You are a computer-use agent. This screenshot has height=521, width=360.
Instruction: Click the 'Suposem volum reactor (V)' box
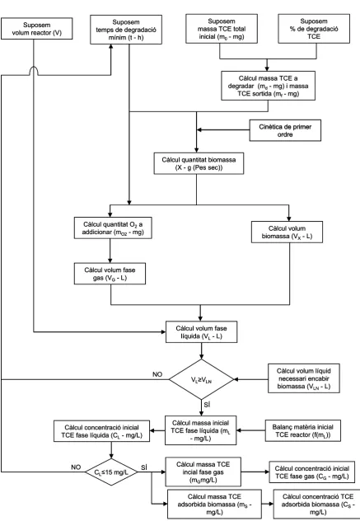[x=36, y=29]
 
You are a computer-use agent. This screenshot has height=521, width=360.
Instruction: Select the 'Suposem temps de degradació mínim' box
[x=126, y=29]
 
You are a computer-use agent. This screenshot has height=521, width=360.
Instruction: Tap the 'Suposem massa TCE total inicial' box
[x=222, y=29]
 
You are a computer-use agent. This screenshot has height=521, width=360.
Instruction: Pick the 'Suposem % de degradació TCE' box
[x=314, y=29]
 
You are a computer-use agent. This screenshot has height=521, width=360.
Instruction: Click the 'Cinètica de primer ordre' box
[x=285, y=130]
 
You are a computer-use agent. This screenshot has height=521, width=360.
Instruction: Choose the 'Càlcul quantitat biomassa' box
[x=199, y=163]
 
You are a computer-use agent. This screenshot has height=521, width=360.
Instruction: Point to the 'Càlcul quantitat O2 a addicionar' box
[x=113, y=228]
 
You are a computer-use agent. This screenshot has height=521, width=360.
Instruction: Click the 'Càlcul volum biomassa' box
[x=287, y=232]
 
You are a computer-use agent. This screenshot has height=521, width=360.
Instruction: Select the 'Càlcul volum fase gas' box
[x=110, y=274]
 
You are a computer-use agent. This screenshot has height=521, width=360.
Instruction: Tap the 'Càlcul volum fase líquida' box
[x=201, y=331]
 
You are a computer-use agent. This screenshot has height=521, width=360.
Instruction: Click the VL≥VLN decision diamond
[x=201, y=379]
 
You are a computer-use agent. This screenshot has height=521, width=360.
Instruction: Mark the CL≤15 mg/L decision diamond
[x=111, y=472]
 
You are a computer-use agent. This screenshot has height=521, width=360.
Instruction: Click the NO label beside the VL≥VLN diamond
[x=157, y=374]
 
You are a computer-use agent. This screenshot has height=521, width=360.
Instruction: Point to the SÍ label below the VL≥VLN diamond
[x=208, y=405]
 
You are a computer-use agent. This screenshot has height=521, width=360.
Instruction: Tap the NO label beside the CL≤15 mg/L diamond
[x=76, y=467]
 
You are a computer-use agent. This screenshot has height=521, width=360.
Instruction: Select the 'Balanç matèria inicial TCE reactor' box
[x=303, y=430]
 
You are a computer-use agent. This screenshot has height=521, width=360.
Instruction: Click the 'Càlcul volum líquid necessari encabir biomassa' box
[x=304, y=378]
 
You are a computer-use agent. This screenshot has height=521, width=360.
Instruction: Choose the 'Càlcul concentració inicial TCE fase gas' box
[x=312, y=472]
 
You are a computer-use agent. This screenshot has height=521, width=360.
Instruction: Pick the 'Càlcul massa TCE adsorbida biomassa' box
[x=214, y=504]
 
